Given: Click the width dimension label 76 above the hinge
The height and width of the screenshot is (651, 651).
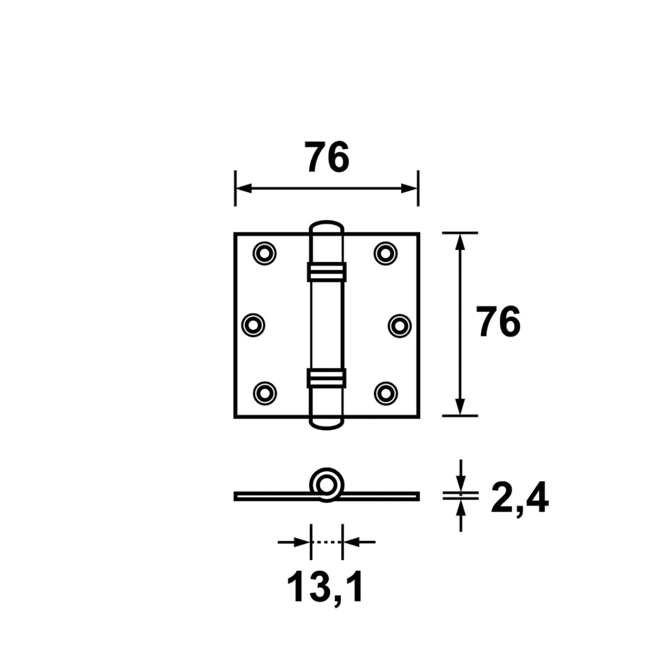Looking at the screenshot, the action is (x=327, y=157).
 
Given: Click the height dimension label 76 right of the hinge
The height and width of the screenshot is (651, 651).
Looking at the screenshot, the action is (x=498, y=322).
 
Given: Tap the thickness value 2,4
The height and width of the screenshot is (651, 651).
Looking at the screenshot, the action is (x=520, y=499).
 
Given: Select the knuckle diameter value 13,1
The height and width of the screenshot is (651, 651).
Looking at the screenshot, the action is (x=325, y=587).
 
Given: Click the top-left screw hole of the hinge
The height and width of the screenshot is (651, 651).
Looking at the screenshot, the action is (x=264, y=253).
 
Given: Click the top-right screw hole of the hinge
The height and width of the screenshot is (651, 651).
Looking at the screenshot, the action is (x=385, y=253).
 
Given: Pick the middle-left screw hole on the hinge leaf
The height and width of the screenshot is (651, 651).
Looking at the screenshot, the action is (x=253, y=325).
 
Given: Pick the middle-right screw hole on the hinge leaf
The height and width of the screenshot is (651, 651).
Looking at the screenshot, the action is (x=400, y=325).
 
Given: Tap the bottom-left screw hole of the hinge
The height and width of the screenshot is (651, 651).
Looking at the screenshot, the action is (x=264, y=393).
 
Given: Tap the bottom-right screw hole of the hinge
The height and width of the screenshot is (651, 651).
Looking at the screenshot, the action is (x=385, y=393).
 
